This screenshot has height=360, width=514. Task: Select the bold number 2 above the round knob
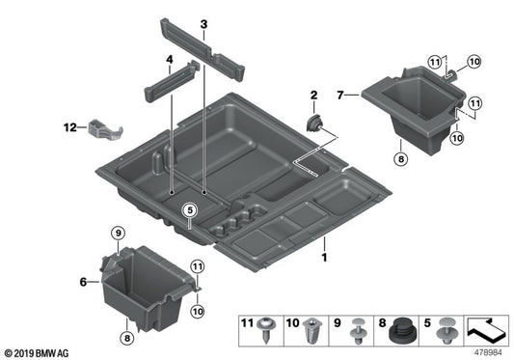click(313, 95)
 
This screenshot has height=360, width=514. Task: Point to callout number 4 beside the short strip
click(170, 60)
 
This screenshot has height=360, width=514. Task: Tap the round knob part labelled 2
click(313, 123)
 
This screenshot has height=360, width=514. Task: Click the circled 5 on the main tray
click(189, 209)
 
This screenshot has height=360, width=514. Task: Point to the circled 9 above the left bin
click(116, 233)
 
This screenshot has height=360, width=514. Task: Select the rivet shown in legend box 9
click(359, 333)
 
